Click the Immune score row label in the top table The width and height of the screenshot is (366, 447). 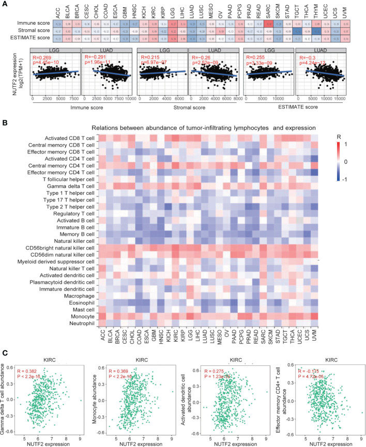pyautogui.click(x=42, y=23)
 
